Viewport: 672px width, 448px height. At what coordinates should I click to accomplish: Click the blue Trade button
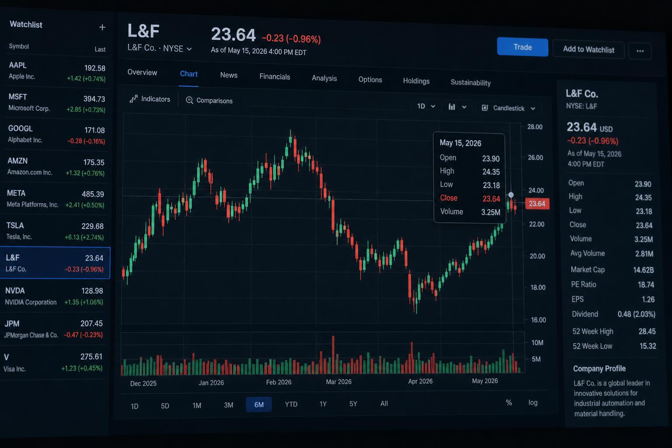[x=522, y=47]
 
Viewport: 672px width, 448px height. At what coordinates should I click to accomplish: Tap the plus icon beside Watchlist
[x=102, y=27]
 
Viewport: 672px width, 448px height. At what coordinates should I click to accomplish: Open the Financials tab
[x=274, y=77]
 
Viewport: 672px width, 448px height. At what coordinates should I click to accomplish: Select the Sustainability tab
[x=470, y=83]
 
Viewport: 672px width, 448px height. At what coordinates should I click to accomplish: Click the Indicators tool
[x=150, y=99]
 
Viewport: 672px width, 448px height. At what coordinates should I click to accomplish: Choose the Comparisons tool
[x=209, y=101]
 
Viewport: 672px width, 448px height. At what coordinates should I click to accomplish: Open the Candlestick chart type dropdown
[x=508, y=108]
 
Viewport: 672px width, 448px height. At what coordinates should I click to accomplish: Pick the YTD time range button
[x=291, y=404]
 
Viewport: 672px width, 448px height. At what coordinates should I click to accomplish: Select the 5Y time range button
[x=353, y=403]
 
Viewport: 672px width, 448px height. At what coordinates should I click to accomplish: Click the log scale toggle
[x=533, y=402]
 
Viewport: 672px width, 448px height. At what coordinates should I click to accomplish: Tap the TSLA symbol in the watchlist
[x=15, y=225]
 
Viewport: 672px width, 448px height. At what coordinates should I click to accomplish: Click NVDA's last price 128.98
[x=92, y=291]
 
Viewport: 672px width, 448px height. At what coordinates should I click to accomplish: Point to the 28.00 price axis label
[x=535, y=127]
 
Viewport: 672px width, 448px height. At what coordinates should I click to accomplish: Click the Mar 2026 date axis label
[x=339, y=381]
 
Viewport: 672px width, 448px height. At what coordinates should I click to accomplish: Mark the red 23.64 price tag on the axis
[x=537, y=204]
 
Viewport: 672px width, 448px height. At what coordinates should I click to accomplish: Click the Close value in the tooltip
[x=491, y=199]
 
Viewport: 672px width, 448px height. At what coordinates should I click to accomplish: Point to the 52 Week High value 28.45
[x=647, y=331]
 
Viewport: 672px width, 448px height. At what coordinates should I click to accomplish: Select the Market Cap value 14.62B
[x=643, y=270]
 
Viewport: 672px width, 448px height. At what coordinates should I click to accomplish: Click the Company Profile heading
[x=599, y=368]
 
